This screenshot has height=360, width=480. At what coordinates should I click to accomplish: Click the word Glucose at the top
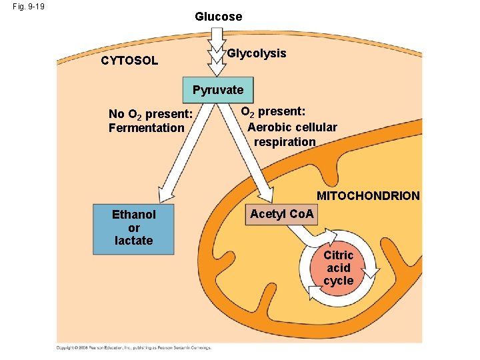coord(218,17)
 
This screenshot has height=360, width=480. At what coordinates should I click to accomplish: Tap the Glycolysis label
coord(257,53)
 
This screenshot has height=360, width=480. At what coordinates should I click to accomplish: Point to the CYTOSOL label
coord(129,61)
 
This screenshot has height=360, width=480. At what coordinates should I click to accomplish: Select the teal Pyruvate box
coord(218,90)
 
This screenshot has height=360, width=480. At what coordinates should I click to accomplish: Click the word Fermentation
coord(146,128)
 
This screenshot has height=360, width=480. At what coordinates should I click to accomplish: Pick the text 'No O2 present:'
coord(150,113)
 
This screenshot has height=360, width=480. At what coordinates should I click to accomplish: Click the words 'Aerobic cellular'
coord(292,127)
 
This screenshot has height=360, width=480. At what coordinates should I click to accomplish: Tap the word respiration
coord(285,142)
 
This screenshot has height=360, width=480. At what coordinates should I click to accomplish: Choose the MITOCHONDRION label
coord(368,196)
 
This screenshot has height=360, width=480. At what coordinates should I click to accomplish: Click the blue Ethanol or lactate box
coord(133,228)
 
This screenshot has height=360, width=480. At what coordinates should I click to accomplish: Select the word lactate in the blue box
coord(133,241)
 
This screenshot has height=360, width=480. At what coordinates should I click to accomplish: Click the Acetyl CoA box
coord(283,214)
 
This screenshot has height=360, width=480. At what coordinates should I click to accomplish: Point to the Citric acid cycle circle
coord(339,268)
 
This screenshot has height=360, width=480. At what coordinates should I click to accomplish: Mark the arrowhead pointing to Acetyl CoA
coord(265,194)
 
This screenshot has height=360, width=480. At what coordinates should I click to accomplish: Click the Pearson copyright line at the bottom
coord(133,347)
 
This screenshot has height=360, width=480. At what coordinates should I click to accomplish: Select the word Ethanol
coord(133,215)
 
